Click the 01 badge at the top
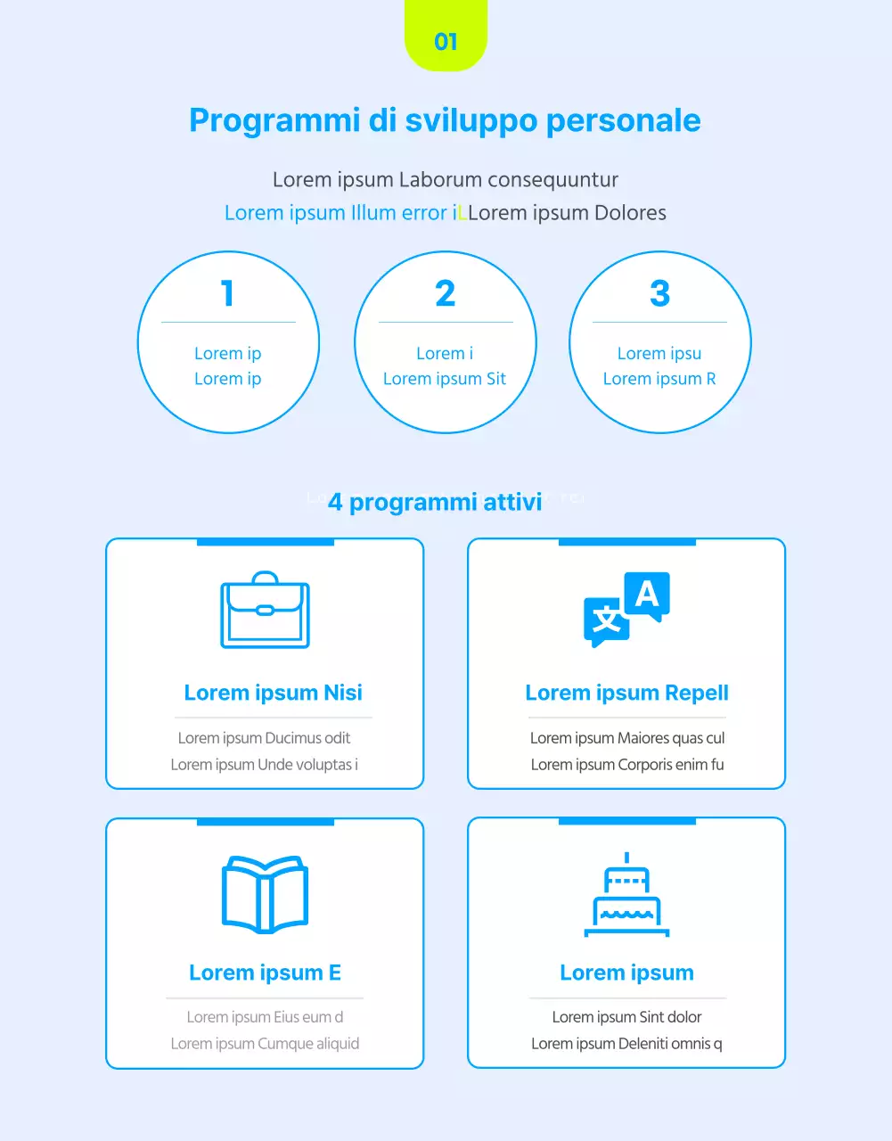click(446, 37)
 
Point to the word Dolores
click(630, 213)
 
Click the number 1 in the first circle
click(228, 293)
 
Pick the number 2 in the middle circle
click(446, 293)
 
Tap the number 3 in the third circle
click(659, 293)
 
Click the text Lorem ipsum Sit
click(445, 379)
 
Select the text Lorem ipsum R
click(659, 379)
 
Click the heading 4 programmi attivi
click(435, 502)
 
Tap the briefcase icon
click(265, 610)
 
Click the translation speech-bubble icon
click(626, 610)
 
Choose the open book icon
click(265, 894)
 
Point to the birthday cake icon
click(626, 895)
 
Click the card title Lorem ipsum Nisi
click(273, 693)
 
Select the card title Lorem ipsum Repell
click(626, 693)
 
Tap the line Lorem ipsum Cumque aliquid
click(265, 1044)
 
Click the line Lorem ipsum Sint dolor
click(626, 1017)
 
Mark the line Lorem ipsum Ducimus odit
click(264, 738)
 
